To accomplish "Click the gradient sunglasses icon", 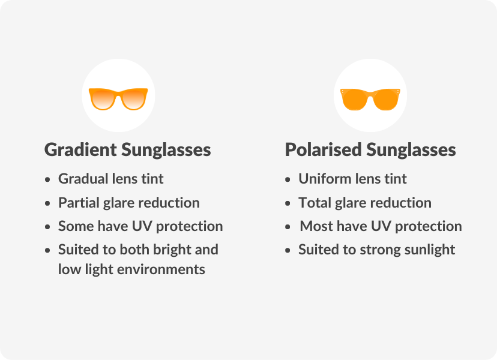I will click(118, 98).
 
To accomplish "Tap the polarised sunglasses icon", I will click(370, 98).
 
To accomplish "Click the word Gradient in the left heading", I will click(80, 149).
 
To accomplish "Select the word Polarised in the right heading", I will click(324, 149).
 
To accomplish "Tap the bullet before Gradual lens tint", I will click(47, 179).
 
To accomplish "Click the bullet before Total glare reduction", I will click(288, 203).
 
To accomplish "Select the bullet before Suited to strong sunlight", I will click(288, 250).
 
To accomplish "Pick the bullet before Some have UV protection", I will click(47, 227).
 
